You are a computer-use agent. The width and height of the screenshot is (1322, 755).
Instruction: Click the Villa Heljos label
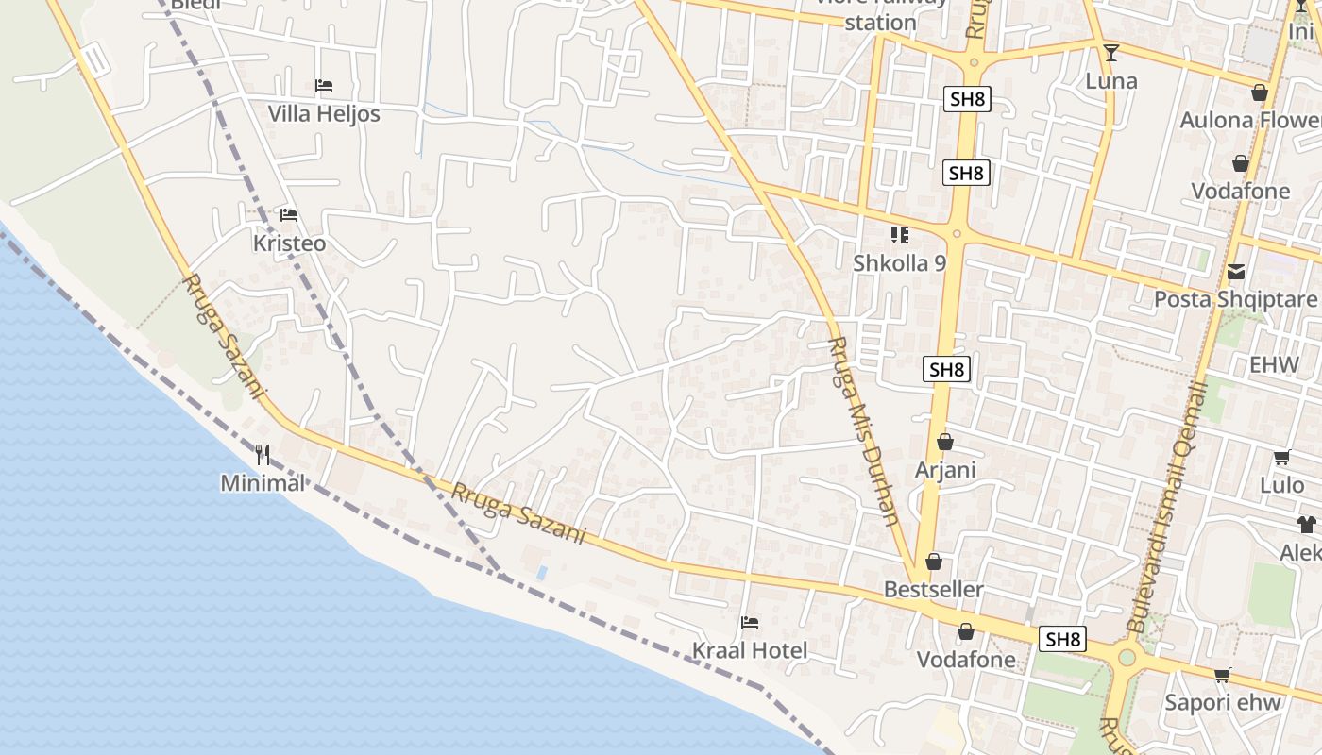pyautogui.click(x=324, y=114)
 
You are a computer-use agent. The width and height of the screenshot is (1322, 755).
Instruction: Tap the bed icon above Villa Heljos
pyautogui.click(x=324, y=86)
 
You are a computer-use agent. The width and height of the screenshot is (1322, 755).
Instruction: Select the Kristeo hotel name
pyautogui.click(x=289, y=243)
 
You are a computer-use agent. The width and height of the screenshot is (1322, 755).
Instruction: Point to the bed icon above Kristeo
pyautogui.click(x=289, y=215)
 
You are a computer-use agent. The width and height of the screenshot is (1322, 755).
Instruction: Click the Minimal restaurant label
pyautogui.click(x=263, y=483)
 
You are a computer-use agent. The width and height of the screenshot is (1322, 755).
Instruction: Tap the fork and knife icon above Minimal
pyautogui.click(x=263, y=455)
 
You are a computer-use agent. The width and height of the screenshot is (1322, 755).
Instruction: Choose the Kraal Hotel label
pyautogui.click(x=750, y=650)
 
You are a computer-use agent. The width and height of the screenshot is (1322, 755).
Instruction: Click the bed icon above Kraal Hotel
pyautogui.click(x=750, y=622)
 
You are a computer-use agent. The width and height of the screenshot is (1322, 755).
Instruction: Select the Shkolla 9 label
pyautogui.click(x=899, y=263)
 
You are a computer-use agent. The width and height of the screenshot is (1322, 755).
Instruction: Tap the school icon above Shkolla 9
pyautogui.click(x=899, y=234)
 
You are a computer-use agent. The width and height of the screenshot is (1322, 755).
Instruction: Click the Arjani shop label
pyautogui.click(x=945, y=470)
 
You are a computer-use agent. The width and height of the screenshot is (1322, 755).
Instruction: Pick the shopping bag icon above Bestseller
pyautogui.click(x=934, y=562)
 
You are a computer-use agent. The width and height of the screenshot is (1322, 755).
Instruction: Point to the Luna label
pyautogui.click(x=1111, y=81)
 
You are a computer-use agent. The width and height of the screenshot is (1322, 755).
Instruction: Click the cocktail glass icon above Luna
pyautogui.click(x=1111, y=52)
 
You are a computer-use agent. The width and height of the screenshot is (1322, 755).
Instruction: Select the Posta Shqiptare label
pyautogui.click(x=1235, y=300)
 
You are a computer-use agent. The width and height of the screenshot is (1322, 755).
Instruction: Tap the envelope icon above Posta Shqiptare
pyautogui.click(x=1235, y=272)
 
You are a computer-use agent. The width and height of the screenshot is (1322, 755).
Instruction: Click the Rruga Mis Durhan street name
pyautogui.click(x=863, y=430)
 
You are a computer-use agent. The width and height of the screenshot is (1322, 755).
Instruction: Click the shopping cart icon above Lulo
pyautogui.click(x=1281, y=458)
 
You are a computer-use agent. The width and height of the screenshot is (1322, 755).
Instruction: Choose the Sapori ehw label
pyautogui.click(x=1223, y=703)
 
